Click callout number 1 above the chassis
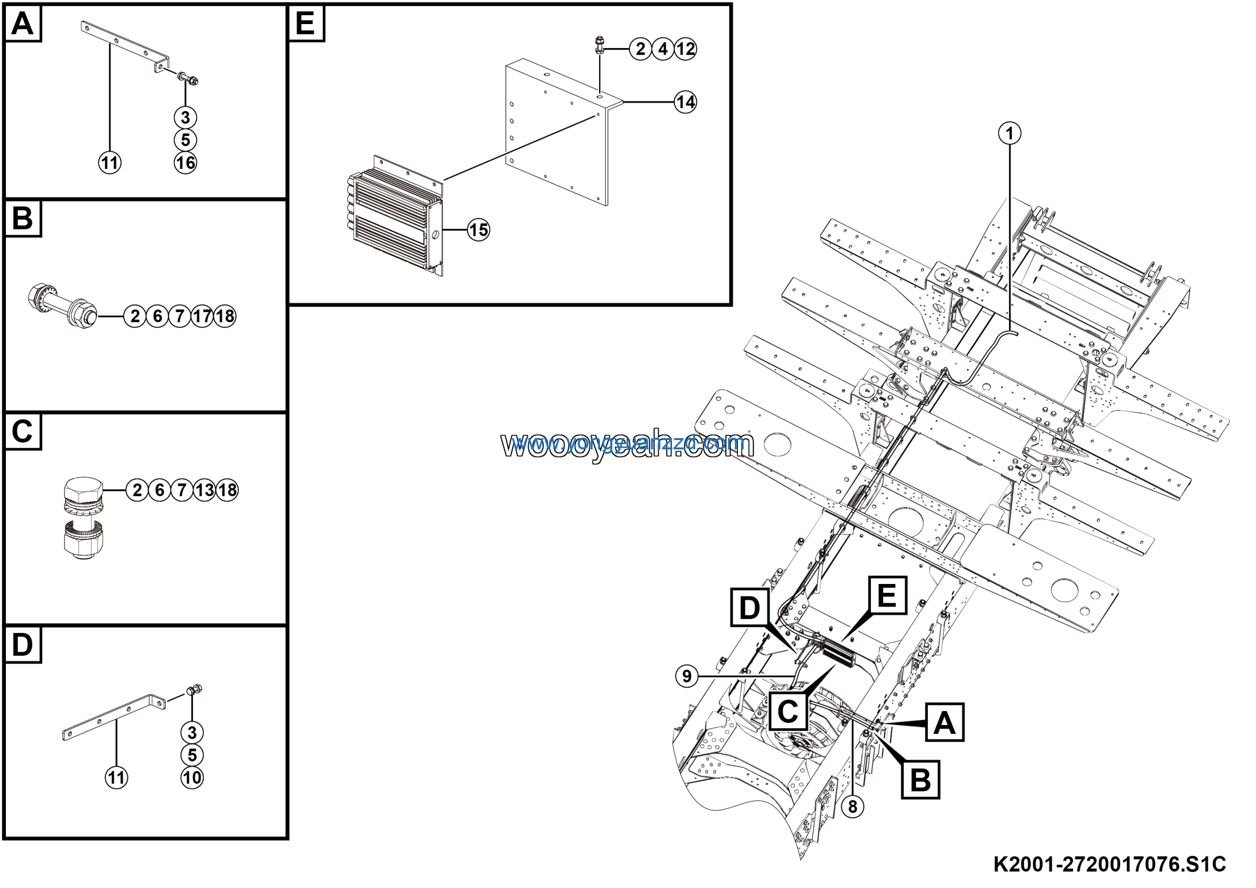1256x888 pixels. point(1009,133)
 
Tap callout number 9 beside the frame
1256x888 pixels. point(686,676)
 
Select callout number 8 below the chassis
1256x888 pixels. point(852,806)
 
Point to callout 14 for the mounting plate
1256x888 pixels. point(685,102)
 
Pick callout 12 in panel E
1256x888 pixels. point(685,49)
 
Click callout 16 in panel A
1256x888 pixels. point(185,163)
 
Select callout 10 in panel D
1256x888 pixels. point(191,777)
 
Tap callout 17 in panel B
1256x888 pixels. point(202,316)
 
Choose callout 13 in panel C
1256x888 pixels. point(205,490)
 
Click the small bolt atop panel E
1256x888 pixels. point(599,43)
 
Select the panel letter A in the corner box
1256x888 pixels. point(23,24)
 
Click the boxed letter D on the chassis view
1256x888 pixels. point(749,608)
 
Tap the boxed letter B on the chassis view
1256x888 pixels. point(920,779)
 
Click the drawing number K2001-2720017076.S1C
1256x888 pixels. point(1109,863)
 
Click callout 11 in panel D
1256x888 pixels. point(116,777)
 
